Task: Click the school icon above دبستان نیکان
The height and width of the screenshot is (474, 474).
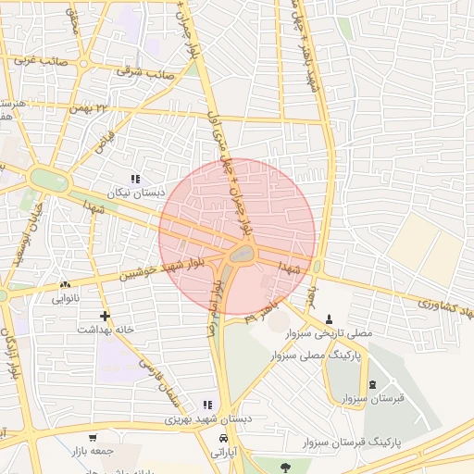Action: [x=135, y=179]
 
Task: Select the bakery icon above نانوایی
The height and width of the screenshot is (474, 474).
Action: [x=64, y=285]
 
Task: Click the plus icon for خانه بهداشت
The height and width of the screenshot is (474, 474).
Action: [x=105, y=316]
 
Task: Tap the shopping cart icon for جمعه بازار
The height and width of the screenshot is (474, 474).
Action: [x=93, y=438]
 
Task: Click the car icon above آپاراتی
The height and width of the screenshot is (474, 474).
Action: [x=223, y=438]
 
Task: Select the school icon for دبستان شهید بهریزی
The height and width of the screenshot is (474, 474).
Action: [x=207, y=405]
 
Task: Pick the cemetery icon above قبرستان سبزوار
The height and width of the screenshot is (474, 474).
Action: [x=372, y=384]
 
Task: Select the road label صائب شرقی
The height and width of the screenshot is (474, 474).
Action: [x=141, y=69]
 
